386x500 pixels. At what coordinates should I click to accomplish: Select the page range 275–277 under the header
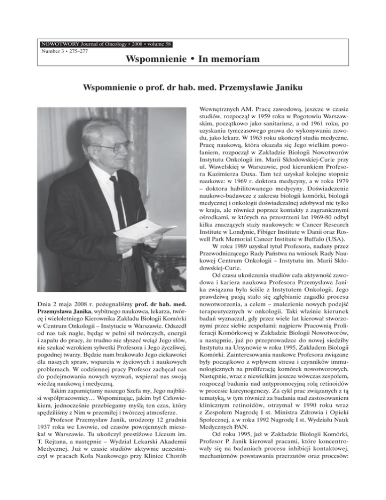click(76, 44)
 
